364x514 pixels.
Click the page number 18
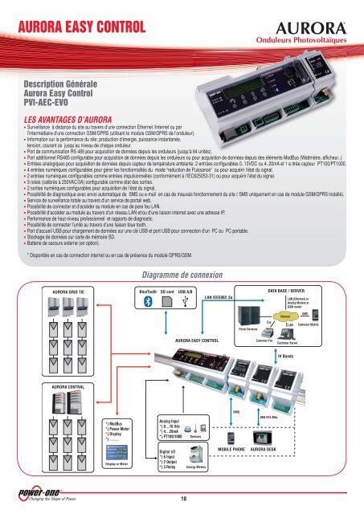182,500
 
